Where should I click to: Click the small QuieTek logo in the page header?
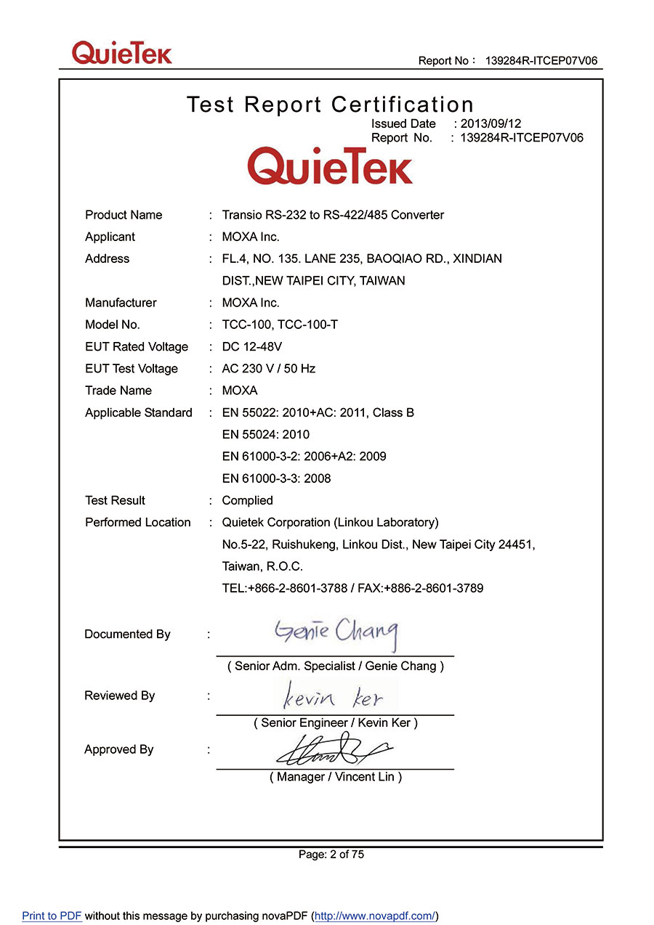(121, 53)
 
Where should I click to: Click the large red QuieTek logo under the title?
(330, 166)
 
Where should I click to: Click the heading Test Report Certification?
(330, 105)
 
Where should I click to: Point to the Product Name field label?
(124, 215)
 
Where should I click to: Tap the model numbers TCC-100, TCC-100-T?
(280, 325)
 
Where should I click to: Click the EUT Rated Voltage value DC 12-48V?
(251, 347)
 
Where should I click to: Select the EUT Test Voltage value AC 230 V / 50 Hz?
(268, 369)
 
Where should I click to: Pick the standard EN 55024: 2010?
(265, 435)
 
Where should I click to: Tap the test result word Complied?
(247, 500)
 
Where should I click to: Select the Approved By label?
(118, 749)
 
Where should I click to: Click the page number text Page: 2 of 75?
(331, 855)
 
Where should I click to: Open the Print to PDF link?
(52, 916)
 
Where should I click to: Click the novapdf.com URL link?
(375, 916)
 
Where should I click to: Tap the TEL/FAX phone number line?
(352, 588)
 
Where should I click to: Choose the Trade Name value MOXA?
(240, 391)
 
